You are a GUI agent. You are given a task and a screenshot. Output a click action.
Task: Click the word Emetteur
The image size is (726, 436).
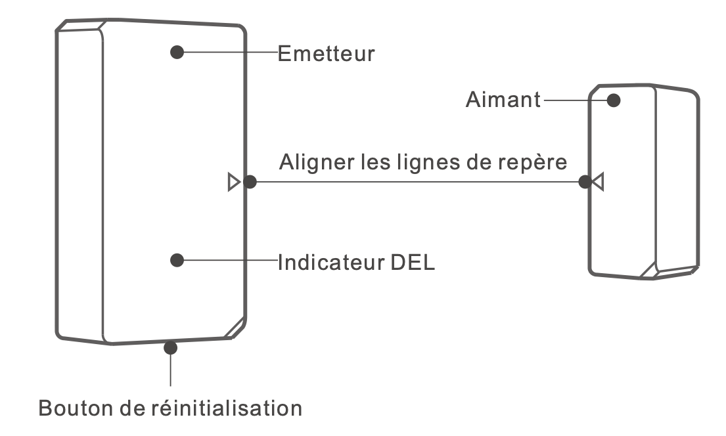(x=326, y=53)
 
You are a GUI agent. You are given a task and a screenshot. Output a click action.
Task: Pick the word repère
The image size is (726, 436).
(x=532, y=163)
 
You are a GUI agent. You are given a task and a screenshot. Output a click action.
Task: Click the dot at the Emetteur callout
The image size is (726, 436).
(x=177, y=53)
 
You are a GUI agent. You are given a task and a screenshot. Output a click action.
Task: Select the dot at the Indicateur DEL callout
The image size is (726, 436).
(x=176, y=261)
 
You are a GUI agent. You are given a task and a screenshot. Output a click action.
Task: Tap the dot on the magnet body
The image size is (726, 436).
(x=614, y=100)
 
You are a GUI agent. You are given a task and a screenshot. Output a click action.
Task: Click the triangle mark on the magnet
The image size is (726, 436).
(x=597, y=182)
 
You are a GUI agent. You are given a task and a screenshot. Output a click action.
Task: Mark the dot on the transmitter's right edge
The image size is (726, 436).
(x=249, y=182)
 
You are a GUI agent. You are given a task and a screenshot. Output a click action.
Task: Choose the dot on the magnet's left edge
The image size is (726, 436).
(x=584, y=182)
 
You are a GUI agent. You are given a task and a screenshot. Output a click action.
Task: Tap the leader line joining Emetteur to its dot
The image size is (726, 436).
(x=230, y=53)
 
